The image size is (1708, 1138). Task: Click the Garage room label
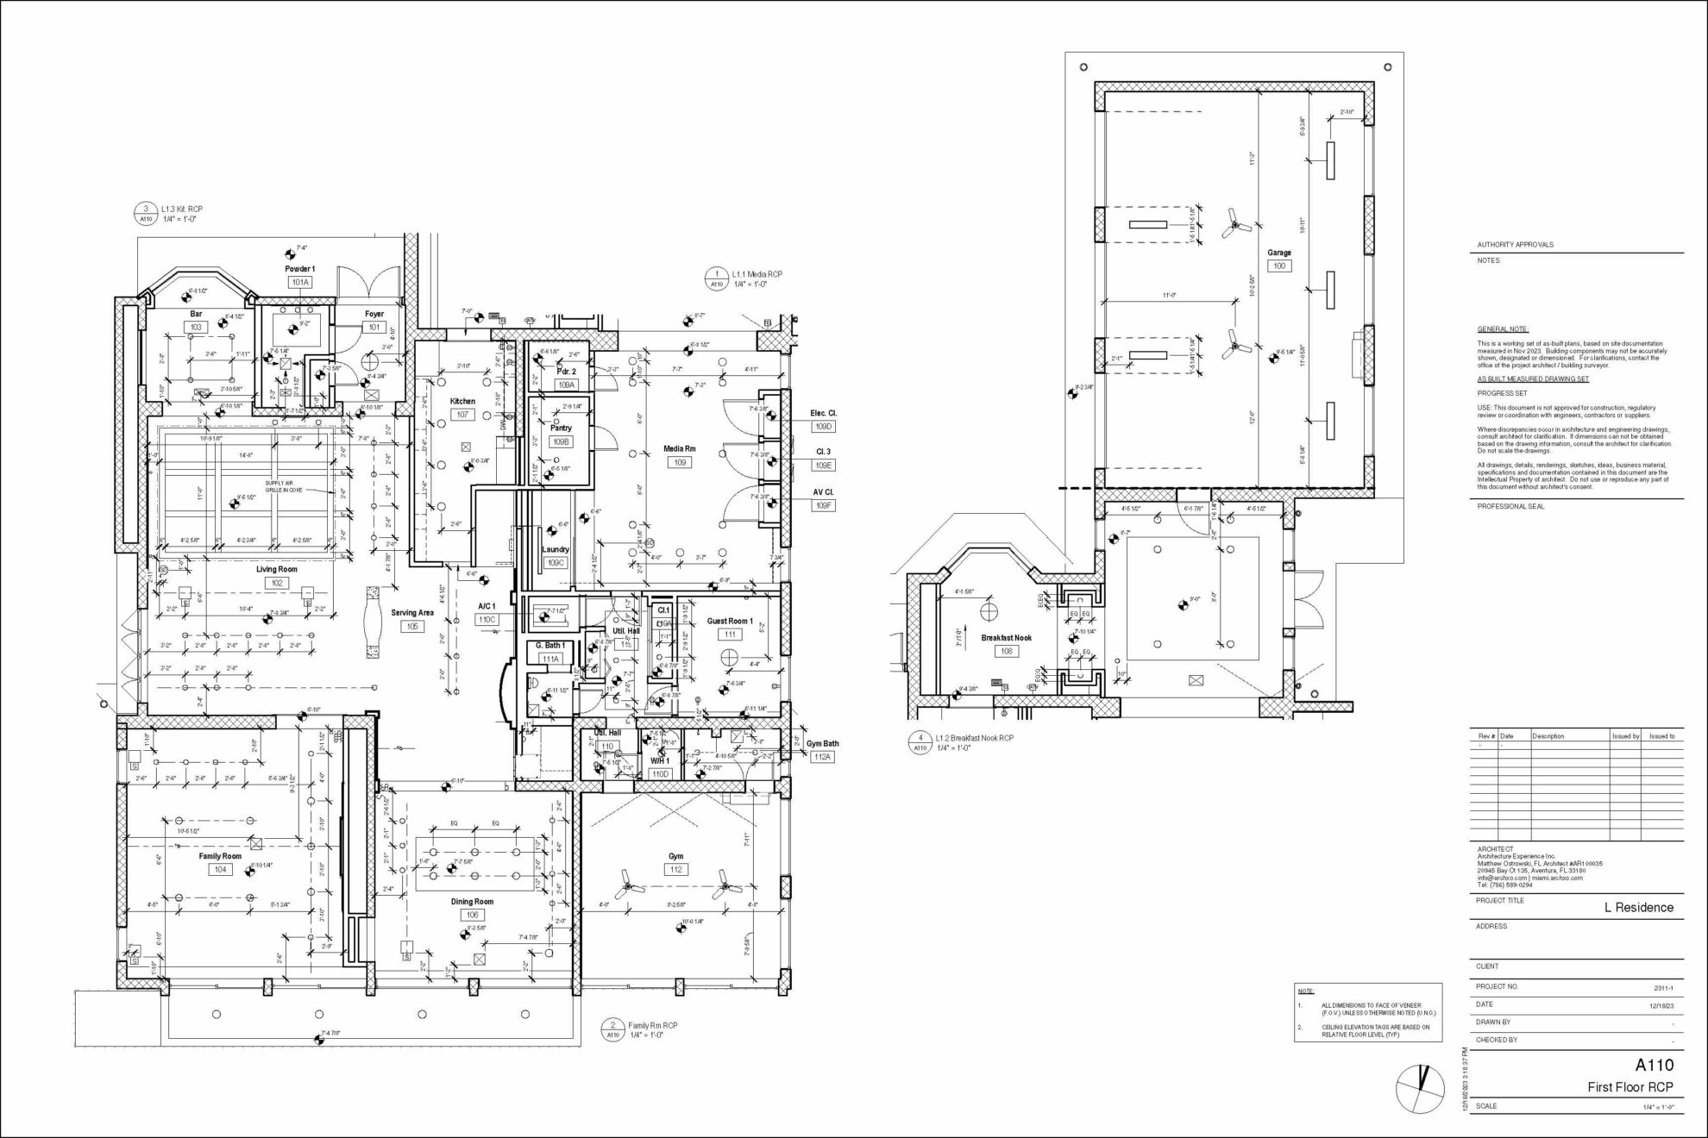[x=1279, y=253]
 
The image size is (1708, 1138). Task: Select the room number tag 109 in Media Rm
[x=680, y=463]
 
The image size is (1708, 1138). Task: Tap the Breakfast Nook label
[x=1006, y=638]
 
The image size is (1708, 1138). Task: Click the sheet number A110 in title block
[x=1654, y=1065]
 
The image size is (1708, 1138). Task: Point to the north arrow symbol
[x=1420, y=1087]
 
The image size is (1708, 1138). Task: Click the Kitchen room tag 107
[x=462, y=415]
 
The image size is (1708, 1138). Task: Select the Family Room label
[x=220, y=856]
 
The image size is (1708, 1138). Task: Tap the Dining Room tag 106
[x=472, y=915]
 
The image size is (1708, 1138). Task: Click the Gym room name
[x=675, y=856]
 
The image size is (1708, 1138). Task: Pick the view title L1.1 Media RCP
[x=757, y=274]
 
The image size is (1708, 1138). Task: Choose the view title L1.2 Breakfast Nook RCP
[x=974, y=738]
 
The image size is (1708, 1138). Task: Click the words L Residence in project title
[x=1638, y=907]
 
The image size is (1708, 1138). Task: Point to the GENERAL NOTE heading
[x=1503, y=329]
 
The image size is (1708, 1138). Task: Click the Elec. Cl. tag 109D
[x=823, y=427]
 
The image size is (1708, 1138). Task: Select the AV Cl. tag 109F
[x=823, y=506]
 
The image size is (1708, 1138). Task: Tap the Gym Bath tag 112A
[x=822, y=757]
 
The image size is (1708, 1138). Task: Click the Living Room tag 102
[x=277, y=583]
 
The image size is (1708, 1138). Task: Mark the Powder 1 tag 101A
[x=300, y=282]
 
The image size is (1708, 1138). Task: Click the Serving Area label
[x=412, y=613]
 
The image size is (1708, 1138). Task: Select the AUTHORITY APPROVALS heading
[x=1515, y=245]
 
